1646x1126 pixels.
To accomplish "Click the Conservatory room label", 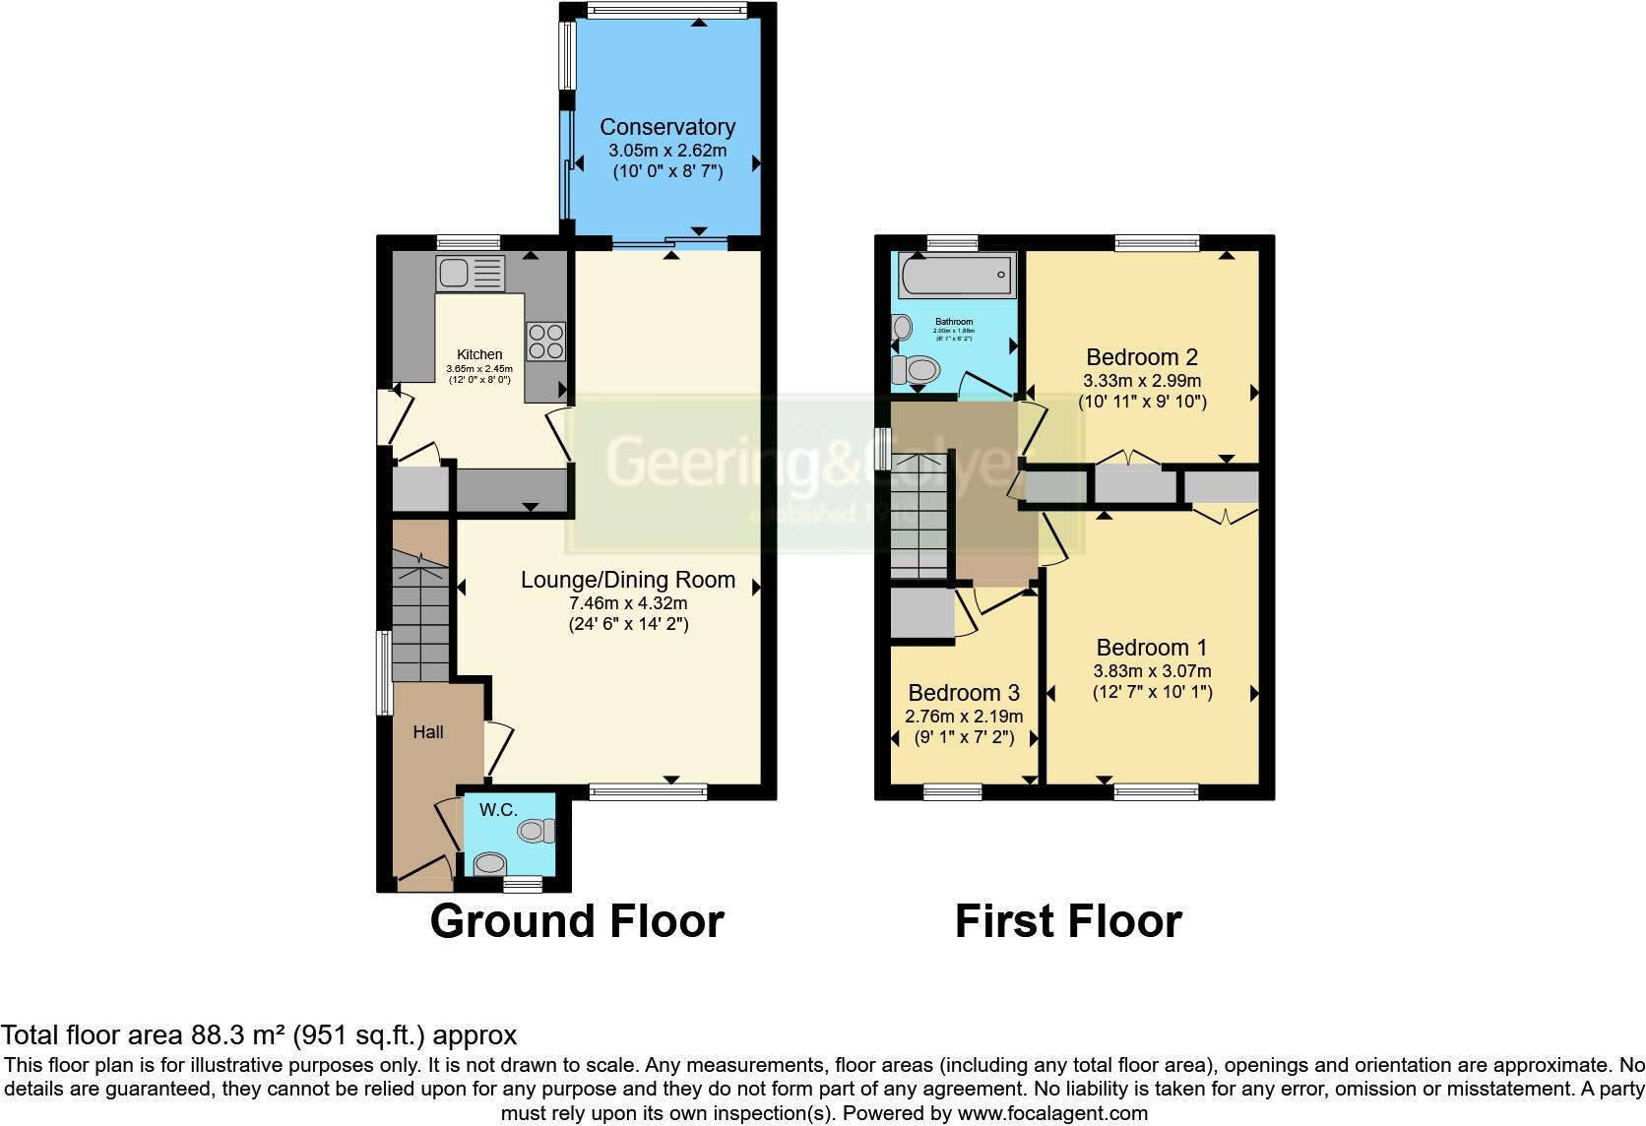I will pyautogui.click(x=667, y=127).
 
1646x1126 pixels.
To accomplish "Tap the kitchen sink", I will pyautogui.click(x=471, y=274).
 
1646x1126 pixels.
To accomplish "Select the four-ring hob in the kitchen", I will pyautogui.click(x=545, y=342).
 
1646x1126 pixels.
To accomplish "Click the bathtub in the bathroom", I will pyautogui.click(x=955, y=275).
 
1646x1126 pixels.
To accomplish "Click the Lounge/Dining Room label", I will pyautogui.click(x=628, y=580).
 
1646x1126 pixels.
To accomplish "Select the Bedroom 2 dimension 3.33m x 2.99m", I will pyautogui.click(x=1142, y=380).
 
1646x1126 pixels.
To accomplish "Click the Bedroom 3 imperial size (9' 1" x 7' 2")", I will pyautogui.click(x=964, y=736).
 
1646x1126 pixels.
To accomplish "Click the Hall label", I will pyautogui.click(x=428, y=732).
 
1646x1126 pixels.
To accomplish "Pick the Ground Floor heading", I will pyautogui.click(x=577, y=921).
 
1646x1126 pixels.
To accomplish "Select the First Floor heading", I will pyautogui.click(x=1068, y=921).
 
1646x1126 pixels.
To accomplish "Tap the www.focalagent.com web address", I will pyautogui.click(x=1052, y=1113).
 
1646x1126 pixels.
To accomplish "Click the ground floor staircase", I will pyautogui.click(x=421, y=615).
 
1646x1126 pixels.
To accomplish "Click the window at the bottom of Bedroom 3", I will pyautogui.click(x=952, y=791).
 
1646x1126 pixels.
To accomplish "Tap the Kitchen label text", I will pyautogui.click(x=479, y=354).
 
